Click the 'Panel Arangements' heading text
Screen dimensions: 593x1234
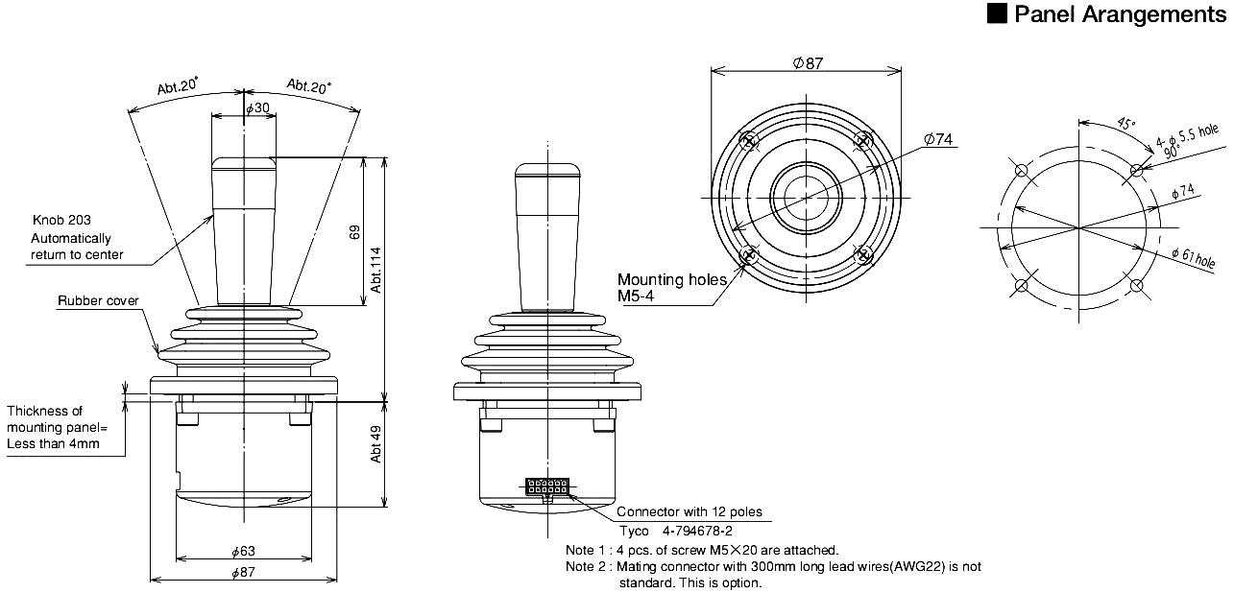point(1119,14)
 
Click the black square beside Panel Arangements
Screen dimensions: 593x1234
point(998,14)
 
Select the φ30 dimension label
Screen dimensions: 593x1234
point(257,108)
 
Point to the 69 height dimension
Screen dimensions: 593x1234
point(354,232)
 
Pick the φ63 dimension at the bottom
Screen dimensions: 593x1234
point(244,552)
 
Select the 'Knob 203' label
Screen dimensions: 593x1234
point(61,220)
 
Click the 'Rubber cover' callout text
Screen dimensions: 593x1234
point(98,301)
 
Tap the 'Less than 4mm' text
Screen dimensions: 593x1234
point(53,444)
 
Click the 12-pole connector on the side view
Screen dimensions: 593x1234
point(545,487)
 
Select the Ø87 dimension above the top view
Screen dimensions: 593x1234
point(808,63)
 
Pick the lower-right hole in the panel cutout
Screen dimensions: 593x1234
point(1138,286)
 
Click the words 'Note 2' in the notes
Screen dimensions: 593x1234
point(588,566)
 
